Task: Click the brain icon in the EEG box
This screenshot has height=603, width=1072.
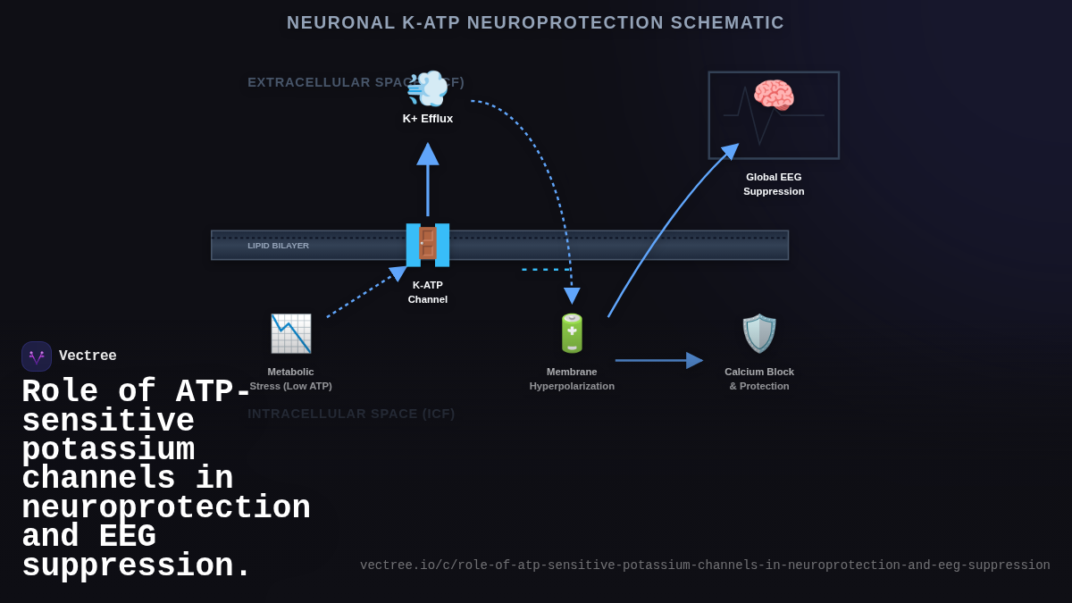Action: coord(774,96)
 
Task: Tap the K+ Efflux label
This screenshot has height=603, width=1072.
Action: coord(428,119)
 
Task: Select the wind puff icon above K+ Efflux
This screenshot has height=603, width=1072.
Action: coord(428,88)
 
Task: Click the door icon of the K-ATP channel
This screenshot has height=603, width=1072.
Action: coord(428,245)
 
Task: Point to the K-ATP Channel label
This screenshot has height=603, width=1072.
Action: coord(428,292)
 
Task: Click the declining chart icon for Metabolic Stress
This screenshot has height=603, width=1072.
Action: coord(291,333)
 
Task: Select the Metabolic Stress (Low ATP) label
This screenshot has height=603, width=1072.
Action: coord(291,379)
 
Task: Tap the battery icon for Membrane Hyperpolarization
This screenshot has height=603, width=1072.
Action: coord(572,333)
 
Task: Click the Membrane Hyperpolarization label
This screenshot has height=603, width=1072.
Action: coord(572,379)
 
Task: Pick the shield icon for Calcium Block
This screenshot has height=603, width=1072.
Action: coord(759,333)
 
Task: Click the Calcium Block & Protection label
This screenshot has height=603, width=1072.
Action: coord(759,379)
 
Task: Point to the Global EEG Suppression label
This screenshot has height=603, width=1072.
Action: coord(774,184)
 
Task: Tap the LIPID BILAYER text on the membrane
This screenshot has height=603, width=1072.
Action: coord(278,246)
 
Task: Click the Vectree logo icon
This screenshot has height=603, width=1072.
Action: coord(37,356)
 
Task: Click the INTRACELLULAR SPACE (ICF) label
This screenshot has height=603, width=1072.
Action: coord(351,414)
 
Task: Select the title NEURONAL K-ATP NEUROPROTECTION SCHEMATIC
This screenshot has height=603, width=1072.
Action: coord(535,23)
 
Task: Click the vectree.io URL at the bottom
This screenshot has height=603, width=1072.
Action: coord(705,565)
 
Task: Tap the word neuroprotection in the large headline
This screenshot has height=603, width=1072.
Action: coord(166,508)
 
